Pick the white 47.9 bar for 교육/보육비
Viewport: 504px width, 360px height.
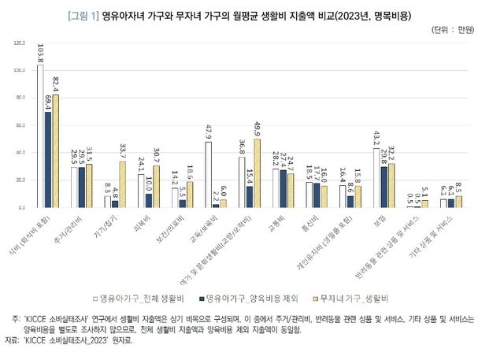[x=208, y=174]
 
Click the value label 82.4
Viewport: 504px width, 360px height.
[x=56, y=84]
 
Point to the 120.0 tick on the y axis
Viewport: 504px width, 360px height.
[x=19, y=43]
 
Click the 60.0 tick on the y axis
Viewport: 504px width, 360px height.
[x=20, y=125]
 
